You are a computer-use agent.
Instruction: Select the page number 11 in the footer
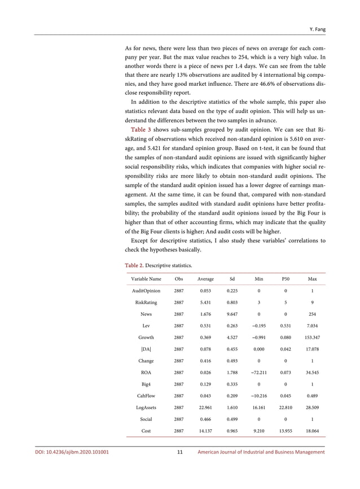pyautogui.click(x=179, y=452)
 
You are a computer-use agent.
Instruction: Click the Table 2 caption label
pyautogui.click(x=134, y=265)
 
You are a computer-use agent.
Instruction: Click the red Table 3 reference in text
pyautogui.click(x=140, y=129)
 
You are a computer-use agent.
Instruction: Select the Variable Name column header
pyautogui.click(x=146, y=279)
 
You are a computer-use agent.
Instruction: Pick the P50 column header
pyautogui.click(x=285, y=279)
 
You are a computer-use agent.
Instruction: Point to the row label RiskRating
pyautogui.click(x=146, y=302)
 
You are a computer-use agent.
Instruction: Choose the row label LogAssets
pyautogui.click(x=146, y=407)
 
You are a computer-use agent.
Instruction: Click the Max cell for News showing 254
pyautogui.click(x=312, y=314)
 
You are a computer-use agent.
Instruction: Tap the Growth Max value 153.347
pyautogui.click(x=312, y=337)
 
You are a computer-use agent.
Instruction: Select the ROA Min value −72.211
pyautogui.click(x=258, y=372)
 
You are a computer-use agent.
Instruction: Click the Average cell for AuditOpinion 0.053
pyautogui.click(x=205, y=291)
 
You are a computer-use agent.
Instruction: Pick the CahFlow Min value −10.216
pyautogui.click(x=258, y=395)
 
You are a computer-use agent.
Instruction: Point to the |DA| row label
pyautogui.click(x=146, y=349)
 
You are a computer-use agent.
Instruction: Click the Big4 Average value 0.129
pyautogui.click(x=205, y=384)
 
